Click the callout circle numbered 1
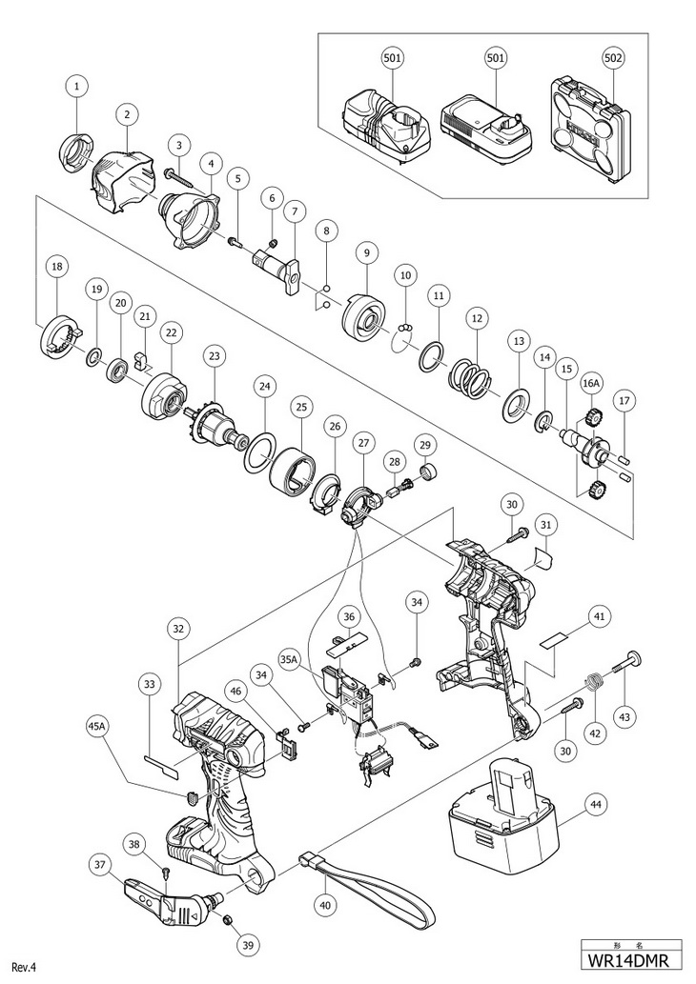point(77,86)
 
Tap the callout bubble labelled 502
point(612,58)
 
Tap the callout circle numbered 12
point(477,319)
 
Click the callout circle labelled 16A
point(591,382)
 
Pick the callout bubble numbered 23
point(215,356)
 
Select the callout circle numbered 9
point(366,252)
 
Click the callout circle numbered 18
point(57,267)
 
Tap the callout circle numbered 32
point(179,628)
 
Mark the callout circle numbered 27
point(362,444)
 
